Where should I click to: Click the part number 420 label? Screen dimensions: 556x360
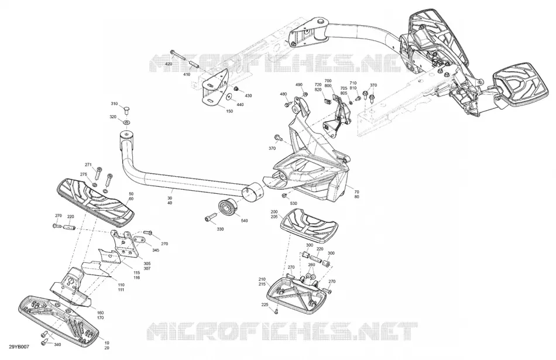169,64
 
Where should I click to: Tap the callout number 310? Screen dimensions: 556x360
114,104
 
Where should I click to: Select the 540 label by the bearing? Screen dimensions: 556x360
244,221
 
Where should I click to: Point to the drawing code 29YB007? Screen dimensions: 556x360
19,347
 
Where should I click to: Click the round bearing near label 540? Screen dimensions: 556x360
227,207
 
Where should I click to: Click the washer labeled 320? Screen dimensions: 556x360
126,122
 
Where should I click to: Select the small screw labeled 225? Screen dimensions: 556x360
276,311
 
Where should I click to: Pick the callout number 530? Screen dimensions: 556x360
294,203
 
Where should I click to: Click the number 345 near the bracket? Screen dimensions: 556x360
156,250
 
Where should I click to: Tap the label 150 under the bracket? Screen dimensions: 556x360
229,111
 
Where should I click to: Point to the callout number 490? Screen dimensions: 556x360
299,84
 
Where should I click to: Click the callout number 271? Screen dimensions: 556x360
88,164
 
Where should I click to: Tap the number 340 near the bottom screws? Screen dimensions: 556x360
57,344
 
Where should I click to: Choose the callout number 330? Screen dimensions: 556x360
220,229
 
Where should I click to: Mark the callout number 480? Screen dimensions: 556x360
283,94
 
